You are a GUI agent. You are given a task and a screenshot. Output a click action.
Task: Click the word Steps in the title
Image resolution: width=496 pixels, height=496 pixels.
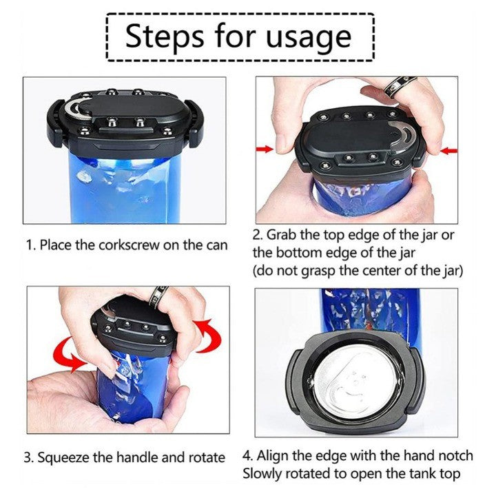point(165,37)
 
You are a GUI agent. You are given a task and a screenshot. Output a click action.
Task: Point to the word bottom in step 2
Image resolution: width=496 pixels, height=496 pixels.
point(298,253)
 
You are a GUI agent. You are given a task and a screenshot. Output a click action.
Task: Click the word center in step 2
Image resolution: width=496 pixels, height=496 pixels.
point(389,271)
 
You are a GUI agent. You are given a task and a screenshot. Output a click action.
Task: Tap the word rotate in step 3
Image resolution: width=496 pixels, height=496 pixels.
point(207,458)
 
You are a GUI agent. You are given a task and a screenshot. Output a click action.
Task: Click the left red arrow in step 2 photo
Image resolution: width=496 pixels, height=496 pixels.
point(265,149)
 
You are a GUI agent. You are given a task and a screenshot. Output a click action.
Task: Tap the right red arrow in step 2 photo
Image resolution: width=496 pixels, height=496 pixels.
point(449,151)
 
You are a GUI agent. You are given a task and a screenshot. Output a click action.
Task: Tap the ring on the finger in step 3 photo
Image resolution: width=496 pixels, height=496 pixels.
point(158,296)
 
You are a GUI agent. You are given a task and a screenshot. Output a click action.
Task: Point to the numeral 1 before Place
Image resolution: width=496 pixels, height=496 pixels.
point(30,245)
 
